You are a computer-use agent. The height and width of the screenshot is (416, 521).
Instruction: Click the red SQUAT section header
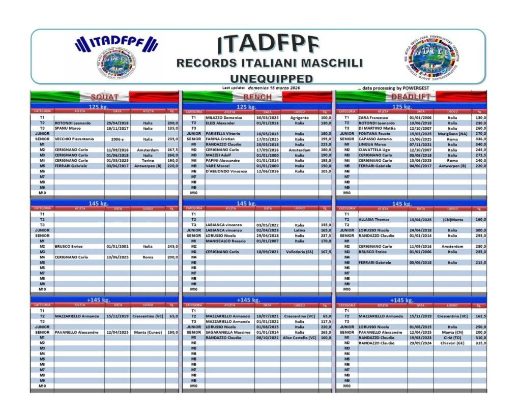coord(104,97)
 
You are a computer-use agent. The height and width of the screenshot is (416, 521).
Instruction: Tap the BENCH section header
coord(257,97)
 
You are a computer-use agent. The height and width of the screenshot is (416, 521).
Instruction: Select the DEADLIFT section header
coord(411,97)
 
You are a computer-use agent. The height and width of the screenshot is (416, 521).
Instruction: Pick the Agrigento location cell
coord(299,117)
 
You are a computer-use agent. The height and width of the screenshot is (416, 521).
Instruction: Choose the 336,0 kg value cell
coord(479,139)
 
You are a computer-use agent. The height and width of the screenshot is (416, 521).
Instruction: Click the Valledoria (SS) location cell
coord(299,251)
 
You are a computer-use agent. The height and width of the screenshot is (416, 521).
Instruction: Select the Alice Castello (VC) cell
coord(299,337)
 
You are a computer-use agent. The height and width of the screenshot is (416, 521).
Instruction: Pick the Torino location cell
coord(148,160)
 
